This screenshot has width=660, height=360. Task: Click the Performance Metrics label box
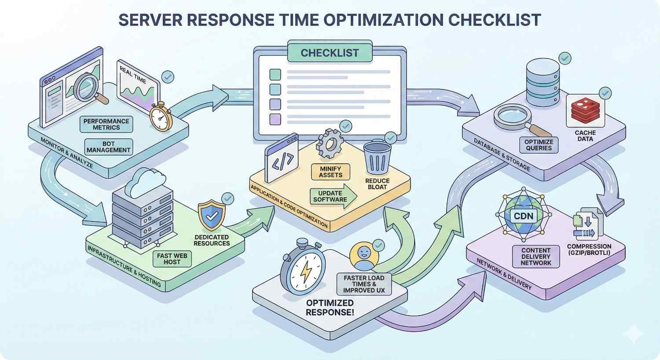(106, 124)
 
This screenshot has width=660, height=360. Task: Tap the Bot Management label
(109, 147)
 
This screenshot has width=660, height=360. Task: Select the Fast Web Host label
(169, 258)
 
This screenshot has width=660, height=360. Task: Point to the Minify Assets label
(330, 172)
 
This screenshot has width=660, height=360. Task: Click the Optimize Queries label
(539, 145)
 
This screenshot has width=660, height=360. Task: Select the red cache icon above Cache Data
(586, 110)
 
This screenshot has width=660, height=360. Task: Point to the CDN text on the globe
(523, 216)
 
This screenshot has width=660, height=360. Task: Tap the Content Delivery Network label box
(535, 256)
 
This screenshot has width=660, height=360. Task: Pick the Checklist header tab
(330, 53)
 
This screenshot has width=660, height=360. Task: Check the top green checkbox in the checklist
(275, 73)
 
